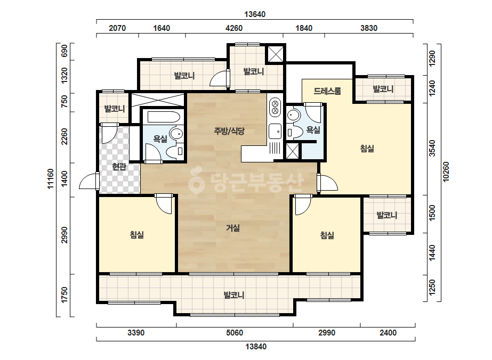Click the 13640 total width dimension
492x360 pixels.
tap(255, 14)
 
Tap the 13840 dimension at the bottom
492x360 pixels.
tap(256, 347)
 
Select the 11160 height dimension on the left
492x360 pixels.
tap(51, 179)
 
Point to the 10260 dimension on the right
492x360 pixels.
tap(446, 172)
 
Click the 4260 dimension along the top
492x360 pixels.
tap(234, 28)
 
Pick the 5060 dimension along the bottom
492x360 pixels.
tap(235, 333)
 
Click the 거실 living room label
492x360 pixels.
tap(233, 228)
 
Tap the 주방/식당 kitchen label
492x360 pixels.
tap(229, 131)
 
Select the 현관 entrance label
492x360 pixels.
tap(119, 167)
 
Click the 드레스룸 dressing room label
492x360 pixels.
tap(327, 91)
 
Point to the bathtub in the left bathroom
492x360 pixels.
tap(164, 117)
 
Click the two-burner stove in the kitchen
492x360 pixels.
tap(275, 107)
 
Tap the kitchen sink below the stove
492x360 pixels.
tap(275, 131)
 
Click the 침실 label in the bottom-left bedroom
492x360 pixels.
tap(137, 234)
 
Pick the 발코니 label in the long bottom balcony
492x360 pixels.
tap(234, 295)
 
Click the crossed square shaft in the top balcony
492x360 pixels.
tap(276, 54)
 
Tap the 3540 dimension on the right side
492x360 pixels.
tap(432, 148)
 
